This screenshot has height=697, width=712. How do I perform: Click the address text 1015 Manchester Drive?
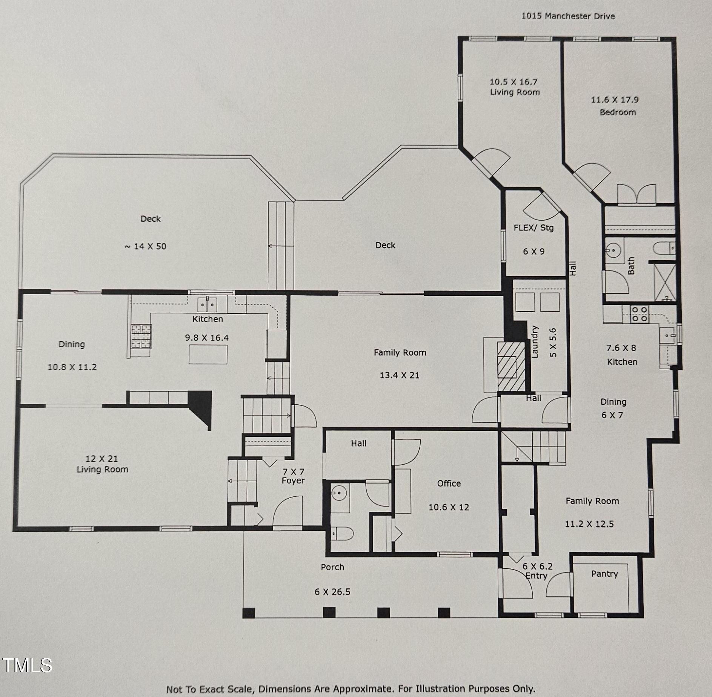568,16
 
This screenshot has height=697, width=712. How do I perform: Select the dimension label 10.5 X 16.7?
514,82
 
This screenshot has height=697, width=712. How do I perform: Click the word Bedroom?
618,112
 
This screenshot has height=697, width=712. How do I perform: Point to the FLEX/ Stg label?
534,228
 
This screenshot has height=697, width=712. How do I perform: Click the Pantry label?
604,574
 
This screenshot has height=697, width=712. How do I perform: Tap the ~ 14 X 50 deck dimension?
145,246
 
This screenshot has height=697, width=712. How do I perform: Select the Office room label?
449,484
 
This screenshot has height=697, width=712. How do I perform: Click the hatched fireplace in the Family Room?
511,366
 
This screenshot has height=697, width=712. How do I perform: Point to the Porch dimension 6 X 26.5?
332,592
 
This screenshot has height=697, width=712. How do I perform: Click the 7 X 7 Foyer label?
293,476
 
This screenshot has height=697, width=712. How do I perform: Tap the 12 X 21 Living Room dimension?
101,459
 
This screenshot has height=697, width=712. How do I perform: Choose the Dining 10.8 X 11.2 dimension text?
72,367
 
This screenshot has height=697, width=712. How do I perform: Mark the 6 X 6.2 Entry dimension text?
537,566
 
